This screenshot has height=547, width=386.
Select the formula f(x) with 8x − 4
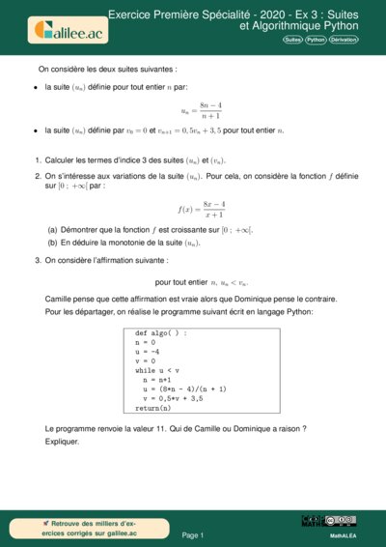point(202,209)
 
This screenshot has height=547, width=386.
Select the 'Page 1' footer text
point(193,534)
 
